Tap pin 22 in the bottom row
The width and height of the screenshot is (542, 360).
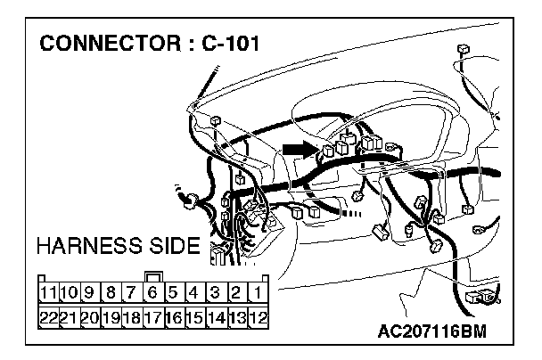coord(48,315)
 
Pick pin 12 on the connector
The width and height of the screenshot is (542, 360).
coord(257,315)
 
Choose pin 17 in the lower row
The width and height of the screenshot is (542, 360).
coord(152,315)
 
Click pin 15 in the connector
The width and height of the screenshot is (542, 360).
coord(194,315)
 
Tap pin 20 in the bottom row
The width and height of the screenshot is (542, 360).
coord(90,315)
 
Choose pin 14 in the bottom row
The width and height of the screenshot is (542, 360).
coord(215,315)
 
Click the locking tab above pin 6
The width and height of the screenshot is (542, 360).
coord(152,275)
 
